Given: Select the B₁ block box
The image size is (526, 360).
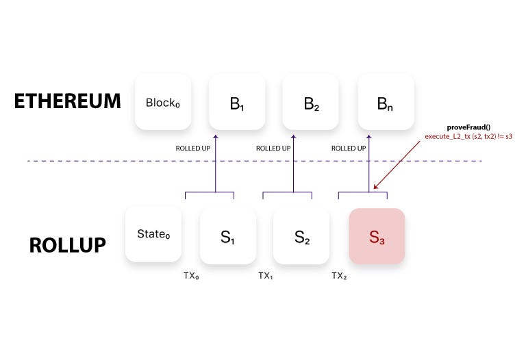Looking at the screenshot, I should point(237,103).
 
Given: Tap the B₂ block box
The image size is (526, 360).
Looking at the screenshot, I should point(312,103).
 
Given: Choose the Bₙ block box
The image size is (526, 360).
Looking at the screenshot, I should point(386,103).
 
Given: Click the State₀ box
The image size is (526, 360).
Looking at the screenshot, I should point(153,235).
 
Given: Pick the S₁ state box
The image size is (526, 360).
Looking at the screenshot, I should point(227,236).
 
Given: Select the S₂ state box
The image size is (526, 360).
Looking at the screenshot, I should point(301,236).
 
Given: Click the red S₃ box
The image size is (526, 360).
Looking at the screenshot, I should point(377,236).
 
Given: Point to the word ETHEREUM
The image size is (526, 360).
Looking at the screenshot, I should point(67,102).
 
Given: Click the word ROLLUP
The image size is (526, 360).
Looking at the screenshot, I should point(67,244).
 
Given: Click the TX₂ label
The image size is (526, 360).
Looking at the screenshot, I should point(340,275).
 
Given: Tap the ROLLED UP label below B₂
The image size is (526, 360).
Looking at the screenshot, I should point(273,148).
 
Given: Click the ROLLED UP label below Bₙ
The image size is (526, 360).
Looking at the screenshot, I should point(348,148).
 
